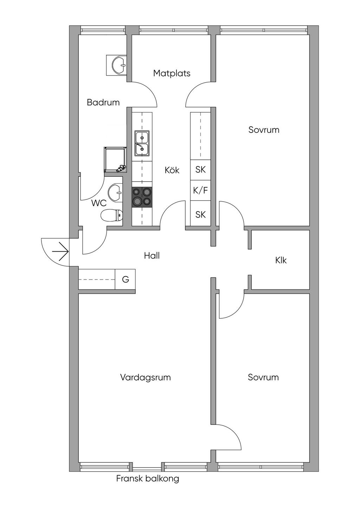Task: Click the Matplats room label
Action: tap(172, 73)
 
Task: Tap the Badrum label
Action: tap(103, 102)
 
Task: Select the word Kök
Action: tap(172, 170)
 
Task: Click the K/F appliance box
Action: tap(200, 190)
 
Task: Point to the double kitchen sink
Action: tap(142, 143)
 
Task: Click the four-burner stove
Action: tap(142, 196)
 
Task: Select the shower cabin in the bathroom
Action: tap(115, 159)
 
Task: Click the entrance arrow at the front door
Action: tap(60, 252)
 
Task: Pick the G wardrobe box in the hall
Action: tap(125, 279)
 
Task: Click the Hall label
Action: tap(152, 255)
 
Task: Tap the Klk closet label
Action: tap(281, 260)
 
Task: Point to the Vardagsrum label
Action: tap(145, 377)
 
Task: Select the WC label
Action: tap(99, 203)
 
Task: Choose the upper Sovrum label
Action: tap(264, 130)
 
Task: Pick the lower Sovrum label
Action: tap(263, 377)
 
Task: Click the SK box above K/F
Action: tap(200, 170)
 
